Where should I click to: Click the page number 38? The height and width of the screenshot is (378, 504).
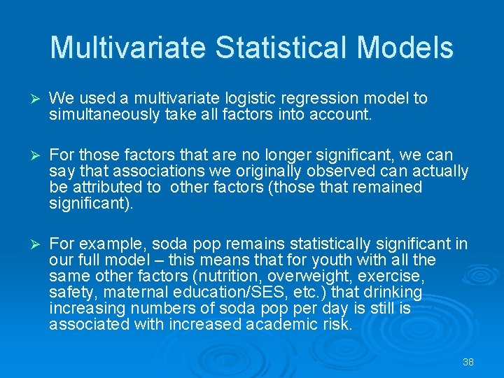point(468,362)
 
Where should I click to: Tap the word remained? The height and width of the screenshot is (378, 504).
point(390,188)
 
